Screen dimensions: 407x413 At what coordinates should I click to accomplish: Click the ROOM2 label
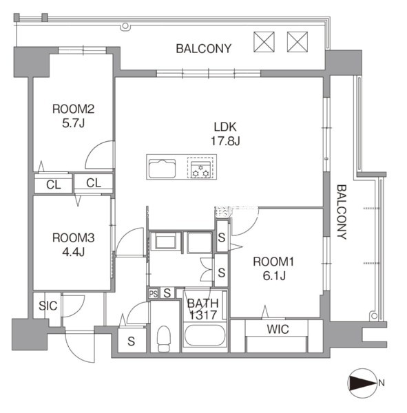73,109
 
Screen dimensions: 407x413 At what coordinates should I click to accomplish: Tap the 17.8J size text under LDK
225,141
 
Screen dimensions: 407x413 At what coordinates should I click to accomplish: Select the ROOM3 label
73,238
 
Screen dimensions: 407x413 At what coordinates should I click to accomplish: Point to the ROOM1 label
273,262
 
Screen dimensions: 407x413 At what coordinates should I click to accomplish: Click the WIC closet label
278,329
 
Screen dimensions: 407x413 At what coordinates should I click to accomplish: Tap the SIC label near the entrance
48,306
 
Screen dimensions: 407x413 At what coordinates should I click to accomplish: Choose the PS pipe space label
153,293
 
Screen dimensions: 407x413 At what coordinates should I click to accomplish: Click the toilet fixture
164,339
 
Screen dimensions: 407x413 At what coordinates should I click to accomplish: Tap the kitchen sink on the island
162,169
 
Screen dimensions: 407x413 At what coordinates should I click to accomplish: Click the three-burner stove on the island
200,168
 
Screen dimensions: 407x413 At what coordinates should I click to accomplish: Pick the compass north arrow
362,383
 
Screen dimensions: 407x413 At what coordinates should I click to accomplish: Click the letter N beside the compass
381,383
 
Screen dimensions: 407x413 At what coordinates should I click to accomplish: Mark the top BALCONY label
204,49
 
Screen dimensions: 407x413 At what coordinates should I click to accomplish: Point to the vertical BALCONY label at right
342,212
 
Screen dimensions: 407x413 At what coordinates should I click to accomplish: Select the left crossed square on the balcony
264,42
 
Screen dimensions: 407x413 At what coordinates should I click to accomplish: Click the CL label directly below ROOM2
54,185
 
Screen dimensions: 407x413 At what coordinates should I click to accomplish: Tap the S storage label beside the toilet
131,341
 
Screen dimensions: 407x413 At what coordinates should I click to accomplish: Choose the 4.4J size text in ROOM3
73,252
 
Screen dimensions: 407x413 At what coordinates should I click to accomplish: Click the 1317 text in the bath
203,315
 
